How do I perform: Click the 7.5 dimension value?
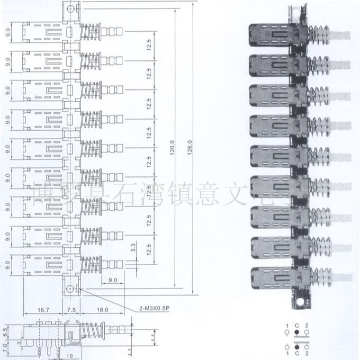[x=70, y=309]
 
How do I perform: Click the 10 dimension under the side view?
[x=70, y=356]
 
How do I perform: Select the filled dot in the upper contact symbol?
[x=298, y=332]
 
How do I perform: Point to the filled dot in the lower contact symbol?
[x=298, y=347]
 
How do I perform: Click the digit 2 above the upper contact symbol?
[x=308, y=325]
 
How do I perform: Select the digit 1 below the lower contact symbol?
[x=287, y=354]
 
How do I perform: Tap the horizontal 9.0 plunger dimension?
[x=113, y=280]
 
